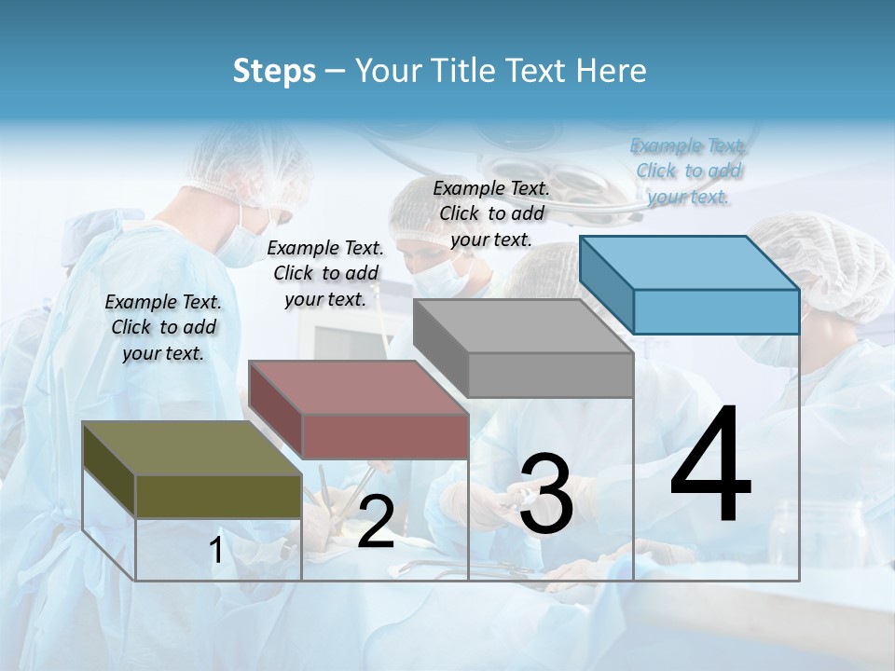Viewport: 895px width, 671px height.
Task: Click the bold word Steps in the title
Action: pyautogui.click(x=274, y=71)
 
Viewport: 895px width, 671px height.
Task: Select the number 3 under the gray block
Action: pyautogui.click(x=546, y=494)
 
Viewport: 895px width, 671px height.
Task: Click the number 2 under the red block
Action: pyautogui.click(x=376, y=522)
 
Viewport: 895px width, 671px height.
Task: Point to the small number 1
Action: pyautogui.click(x=216, y=551)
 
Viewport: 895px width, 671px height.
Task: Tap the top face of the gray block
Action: pyautogui.click(x=522, y=326)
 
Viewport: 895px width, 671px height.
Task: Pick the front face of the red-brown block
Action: pyautogui.click(x=385, y=436)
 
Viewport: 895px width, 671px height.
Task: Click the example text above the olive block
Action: pyautogui.click(x=163, y=327)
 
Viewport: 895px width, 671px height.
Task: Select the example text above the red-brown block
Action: pyautogui.click(x=325, y=273)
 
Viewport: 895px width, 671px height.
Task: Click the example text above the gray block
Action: pyautogui.click(x=491, y=213)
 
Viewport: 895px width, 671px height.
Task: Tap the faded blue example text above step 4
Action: pyautogui.click(x=688, y=171)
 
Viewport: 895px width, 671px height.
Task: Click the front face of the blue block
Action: pyautogui.click(x=716, y=311)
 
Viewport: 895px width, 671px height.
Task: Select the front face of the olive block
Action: pyautogui.click(x=218, y=496)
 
